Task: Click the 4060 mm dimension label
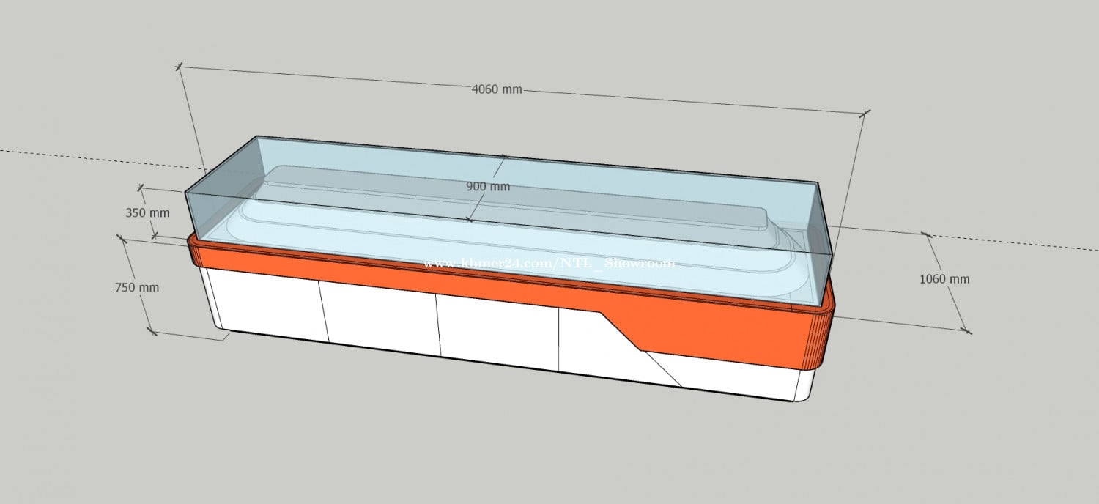(x=496, y=89)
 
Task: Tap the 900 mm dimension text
(x=487, y=186)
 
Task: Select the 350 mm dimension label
(x=147, y=213)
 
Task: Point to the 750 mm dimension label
(x=136, y=287)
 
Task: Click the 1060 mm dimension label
(x=944, y=279)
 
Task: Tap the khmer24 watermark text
(x=549, y=263)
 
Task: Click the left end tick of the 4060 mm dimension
(x=179, y=67)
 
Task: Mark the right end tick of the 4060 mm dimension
(x=865, y=113)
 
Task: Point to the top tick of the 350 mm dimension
(x=141, y=188)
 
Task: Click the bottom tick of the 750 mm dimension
(x=152, y=332)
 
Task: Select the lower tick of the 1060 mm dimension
(x=967, y=332)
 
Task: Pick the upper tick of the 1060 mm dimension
(x=926, y=234)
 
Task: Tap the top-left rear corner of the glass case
(x=256, y=136)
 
